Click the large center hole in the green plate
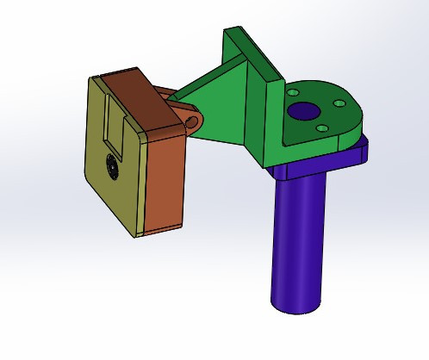point(303,111)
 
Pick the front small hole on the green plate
point(320,128)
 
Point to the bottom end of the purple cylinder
point(295,305)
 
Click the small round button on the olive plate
point(109,167)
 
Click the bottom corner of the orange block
point(146,231)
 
